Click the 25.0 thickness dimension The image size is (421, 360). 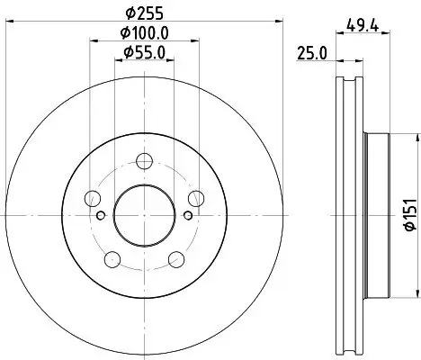click(311, 56)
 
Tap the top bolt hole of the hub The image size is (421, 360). click(144, 161)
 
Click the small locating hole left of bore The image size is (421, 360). click(102, 214)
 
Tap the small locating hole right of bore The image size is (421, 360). click(186, 214)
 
